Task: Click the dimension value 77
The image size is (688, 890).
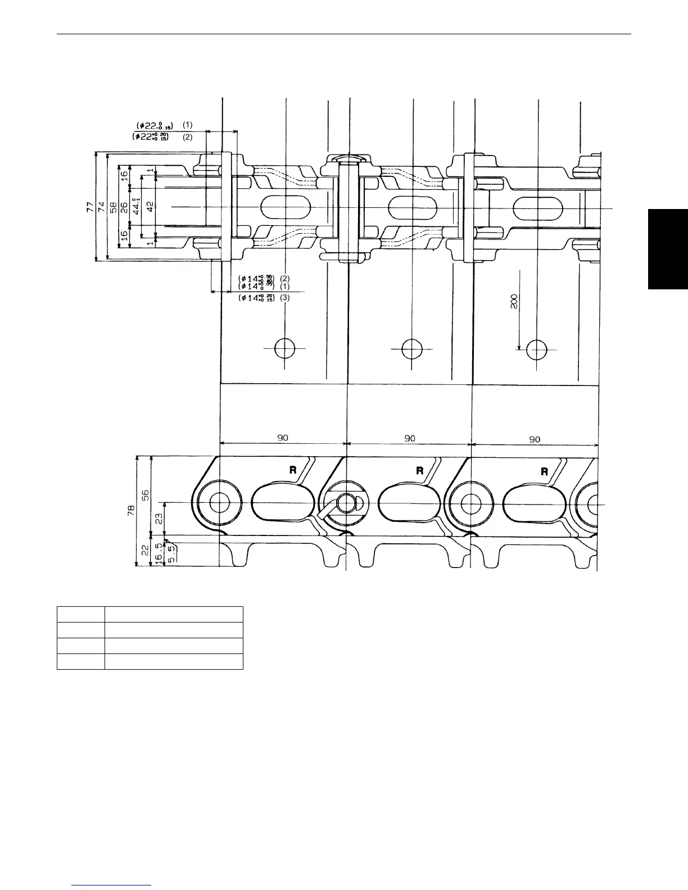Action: pyautogui.click(x=89, y=207)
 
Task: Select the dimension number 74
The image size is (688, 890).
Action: pyautogui.click(x=102, y=207)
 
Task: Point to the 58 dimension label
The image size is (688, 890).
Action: pyautogui.click(x=112, y=207)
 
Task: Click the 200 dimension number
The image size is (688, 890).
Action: pyautogui.click(x=514, y=302)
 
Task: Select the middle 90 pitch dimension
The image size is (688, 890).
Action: pyautogui.click(x=410, y=438)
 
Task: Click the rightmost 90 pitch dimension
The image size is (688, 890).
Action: pyautogui.click(x=535, y=439)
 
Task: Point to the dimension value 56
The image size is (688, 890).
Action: pyautogui.click(x=145, y=494)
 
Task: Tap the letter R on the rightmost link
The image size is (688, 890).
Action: pyautogui.click(x=544, y=471)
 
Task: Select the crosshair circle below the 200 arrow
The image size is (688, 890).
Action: pyautogui.click(x=537, y=349)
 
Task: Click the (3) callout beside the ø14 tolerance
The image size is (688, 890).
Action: pyautogui.click(x=285, y=298)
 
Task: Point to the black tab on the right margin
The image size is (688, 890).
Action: pyautogui.click(x=668, y=249)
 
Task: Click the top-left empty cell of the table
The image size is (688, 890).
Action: pyautogui.click(x=81, y=614)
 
